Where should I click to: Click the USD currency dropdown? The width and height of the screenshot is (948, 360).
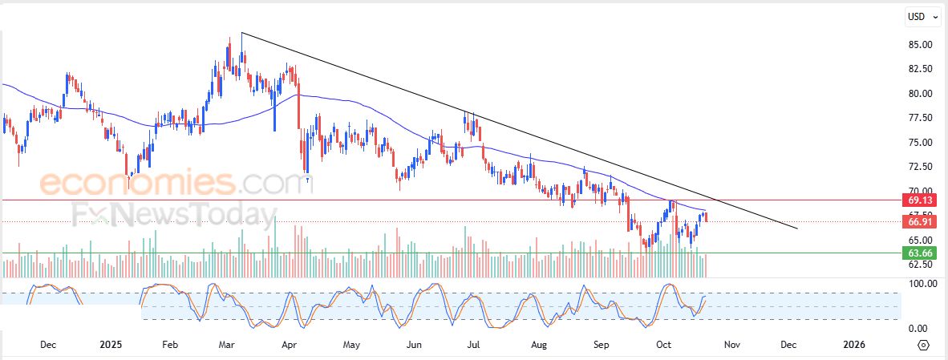(x=920, y=16)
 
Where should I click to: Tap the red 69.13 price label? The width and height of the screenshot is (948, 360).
(x=918, y=200)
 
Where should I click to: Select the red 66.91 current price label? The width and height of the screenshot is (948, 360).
(x=918, y=221)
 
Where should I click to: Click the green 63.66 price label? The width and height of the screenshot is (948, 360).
(x=918, y=253)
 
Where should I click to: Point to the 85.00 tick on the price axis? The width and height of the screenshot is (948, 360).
(x=919, y=45)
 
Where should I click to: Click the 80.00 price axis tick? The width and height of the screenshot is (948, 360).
(x=919, y=94)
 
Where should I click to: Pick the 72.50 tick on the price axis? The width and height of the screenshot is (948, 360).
(x=919, y=167)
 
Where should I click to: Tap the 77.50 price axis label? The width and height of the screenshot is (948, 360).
(x=919, y=118)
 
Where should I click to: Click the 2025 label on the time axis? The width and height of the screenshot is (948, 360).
(x=111, y=345)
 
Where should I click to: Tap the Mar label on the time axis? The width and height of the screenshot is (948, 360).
(x=226, y=345)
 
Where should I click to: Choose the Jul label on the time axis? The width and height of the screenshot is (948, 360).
(x=474, y=345)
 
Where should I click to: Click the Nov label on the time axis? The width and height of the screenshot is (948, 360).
(x=731, y=345)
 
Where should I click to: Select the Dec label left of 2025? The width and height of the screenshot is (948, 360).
(x=47, y=345)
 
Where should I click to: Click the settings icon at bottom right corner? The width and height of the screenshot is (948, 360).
(x=923, y=345)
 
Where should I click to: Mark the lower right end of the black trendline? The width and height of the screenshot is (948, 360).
(x=798, y=229)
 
